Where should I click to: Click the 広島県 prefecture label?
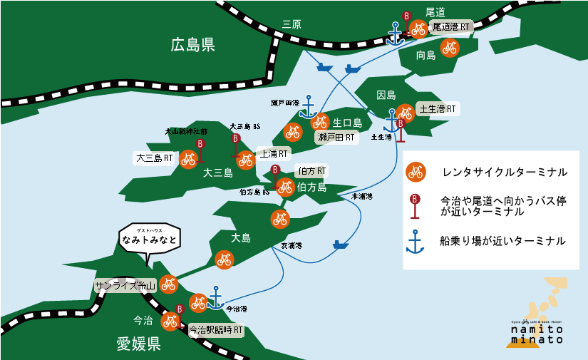click(192, 46)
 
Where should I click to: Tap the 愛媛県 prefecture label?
click(139, 345)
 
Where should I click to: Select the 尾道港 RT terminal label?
click(451, 27)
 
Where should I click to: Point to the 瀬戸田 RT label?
click(336, 137)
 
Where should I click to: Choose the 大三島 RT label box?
click(155, 158)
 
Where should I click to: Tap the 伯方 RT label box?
click(311, 171)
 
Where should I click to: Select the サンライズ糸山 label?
click(125, 286)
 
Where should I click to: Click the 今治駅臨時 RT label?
click(216, 331)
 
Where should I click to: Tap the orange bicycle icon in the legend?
click(416, 172)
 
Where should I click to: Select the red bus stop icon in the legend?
click(415, 205)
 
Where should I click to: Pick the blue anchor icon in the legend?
click(415, 241)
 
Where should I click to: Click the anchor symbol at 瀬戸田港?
click(308, 107)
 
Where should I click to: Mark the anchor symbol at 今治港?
click(215, 297)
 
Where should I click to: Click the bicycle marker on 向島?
click(449, 48)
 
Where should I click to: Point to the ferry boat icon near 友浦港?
click(341, 245)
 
